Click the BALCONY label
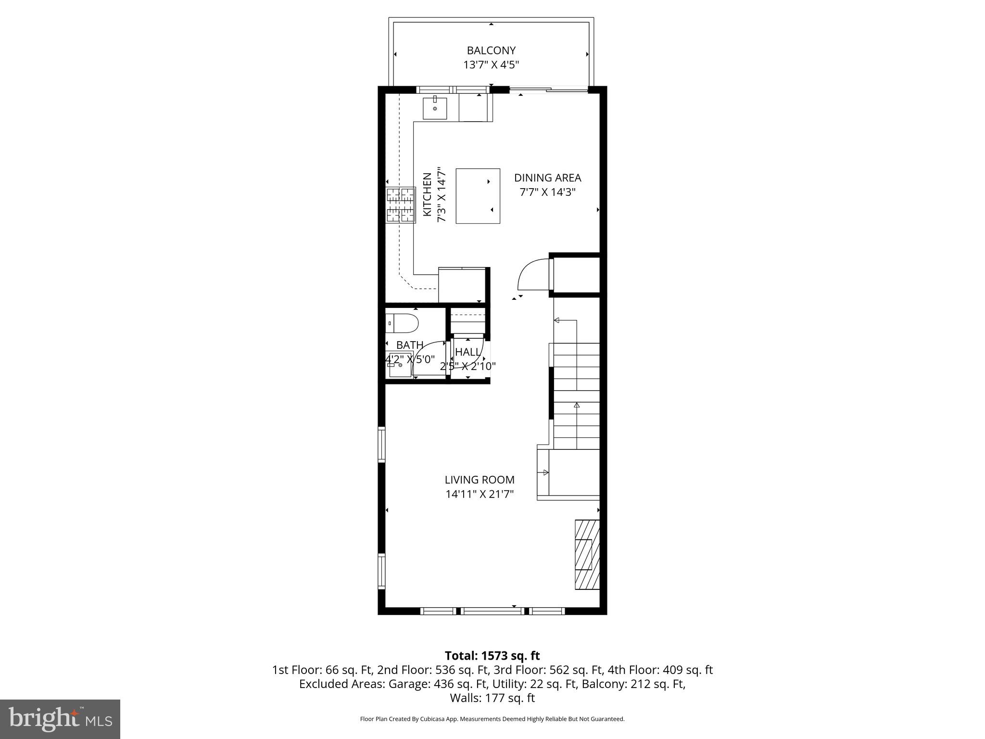pyautogui.click(x=491, y=51)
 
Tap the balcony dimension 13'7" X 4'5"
pyautogui.click(x=491, y=65)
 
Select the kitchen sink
pyautogui.click(x=435, y=108)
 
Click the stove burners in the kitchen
pyautogui.click(x=401, y=205)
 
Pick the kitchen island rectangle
pyautogui.click(x=478, y=196)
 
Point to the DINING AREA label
pyautogui.click(x=547, y=178)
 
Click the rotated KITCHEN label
pyautogui.click(x=427, y=194)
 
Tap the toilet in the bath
pyautogui.click(x=402, y=323)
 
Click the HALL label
pyautogui.click(x=467, y=352)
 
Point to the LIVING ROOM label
pyautogui.click(x=480, y=480)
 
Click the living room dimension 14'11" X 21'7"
pyautogui.click(x=480, y=494)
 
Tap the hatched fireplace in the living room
pyautogui.click(x=587, y=554)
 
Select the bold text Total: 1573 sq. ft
pyautogui.click(x=492, y=656)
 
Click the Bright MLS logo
pyautogui.click(x=60, y=719)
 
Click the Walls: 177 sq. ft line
pyautogui.click(x=492, y=698)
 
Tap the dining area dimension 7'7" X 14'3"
pyautogui.click(x=547, y=192)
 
